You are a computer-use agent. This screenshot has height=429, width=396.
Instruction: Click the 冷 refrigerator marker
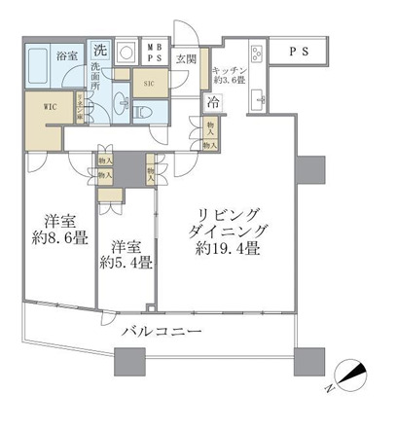(x=212, y=100)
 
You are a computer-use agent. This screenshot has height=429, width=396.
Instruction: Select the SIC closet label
(x=147, y=84)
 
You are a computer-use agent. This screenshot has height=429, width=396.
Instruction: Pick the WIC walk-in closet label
(x=52, y=107)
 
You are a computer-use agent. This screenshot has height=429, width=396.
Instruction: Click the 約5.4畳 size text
(x=125, y=262)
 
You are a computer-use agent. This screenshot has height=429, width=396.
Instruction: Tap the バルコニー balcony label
(x=162, y=332)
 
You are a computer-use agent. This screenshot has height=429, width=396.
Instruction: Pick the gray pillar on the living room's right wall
(x=311, y=170)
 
